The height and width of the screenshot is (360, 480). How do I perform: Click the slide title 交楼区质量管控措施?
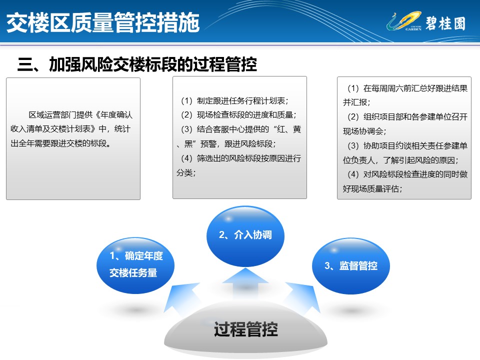click(103, 22)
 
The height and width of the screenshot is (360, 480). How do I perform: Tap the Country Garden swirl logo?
click(404, 21)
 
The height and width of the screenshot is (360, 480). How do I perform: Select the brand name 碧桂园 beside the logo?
click(445, 23)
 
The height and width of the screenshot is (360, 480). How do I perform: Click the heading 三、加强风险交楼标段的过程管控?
click(137, 64)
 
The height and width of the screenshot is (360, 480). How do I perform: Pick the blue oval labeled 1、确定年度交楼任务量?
click(135, 265)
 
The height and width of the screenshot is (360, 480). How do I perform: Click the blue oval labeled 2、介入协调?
click(245, 235)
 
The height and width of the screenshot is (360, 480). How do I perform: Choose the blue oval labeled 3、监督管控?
click(351, 266)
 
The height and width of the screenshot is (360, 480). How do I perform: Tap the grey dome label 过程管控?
click(246, 329)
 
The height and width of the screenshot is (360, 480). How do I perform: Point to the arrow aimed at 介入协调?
click(245, 283)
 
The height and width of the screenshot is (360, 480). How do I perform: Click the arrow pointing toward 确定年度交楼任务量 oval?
click(180, 298)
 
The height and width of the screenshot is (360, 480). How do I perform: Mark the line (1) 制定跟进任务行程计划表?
click(234, 100)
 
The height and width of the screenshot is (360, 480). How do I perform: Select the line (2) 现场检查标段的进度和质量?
click(238, 115)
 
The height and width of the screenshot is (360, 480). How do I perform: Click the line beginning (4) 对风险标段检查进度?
click(407, 174)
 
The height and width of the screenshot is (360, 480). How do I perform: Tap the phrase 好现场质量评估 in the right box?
click(372, 188)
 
